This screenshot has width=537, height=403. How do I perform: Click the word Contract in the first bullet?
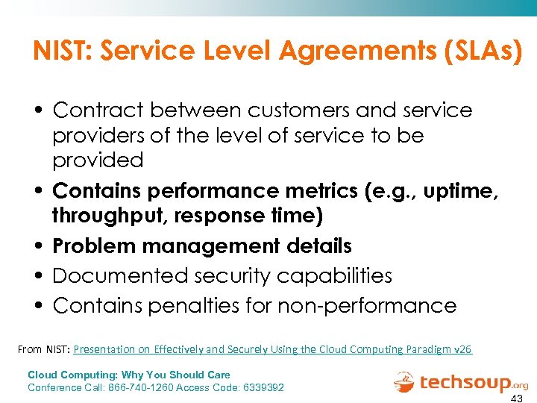(100, 110)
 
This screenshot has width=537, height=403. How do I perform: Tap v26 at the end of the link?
(462, 349)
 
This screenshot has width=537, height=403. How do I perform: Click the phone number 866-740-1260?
(142, 387)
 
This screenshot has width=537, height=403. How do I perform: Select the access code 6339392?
(258, 387)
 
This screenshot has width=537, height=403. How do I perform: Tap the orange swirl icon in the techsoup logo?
(405, 382)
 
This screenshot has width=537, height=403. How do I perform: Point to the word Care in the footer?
(218, 375)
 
